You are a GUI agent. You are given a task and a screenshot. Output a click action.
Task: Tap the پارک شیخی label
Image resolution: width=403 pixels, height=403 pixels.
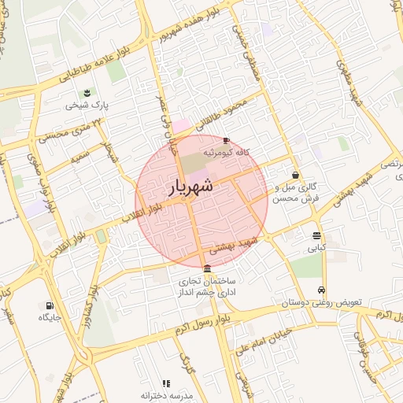(87, 104)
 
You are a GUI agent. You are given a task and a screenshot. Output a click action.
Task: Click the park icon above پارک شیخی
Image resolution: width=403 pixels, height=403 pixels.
(87, 92)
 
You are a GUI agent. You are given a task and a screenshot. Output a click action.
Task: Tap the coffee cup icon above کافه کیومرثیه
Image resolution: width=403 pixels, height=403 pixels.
(227, 140)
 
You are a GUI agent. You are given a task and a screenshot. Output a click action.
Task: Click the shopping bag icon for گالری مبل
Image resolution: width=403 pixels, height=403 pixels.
(295, 175)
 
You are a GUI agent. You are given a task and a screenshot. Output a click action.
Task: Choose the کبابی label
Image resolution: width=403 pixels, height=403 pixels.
(316, 248)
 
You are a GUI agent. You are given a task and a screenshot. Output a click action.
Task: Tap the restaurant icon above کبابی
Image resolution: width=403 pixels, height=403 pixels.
(316, 235)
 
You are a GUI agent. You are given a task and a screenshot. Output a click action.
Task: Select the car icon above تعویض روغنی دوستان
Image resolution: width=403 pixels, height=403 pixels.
(321, 290)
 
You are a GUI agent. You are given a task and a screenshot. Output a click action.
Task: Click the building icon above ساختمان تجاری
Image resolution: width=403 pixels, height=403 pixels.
(207, 269)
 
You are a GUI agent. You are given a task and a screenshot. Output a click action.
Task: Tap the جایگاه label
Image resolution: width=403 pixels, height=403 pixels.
(50, 317)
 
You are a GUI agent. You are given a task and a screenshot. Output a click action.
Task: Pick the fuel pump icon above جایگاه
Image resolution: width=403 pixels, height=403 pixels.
(50, 305)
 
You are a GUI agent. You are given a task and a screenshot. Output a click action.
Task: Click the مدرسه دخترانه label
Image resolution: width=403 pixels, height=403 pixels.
(166, 394)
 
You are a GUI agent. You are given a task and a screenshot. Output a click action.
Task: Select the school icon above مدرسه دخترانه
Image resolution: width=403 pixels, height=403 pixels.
(166, 383)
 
